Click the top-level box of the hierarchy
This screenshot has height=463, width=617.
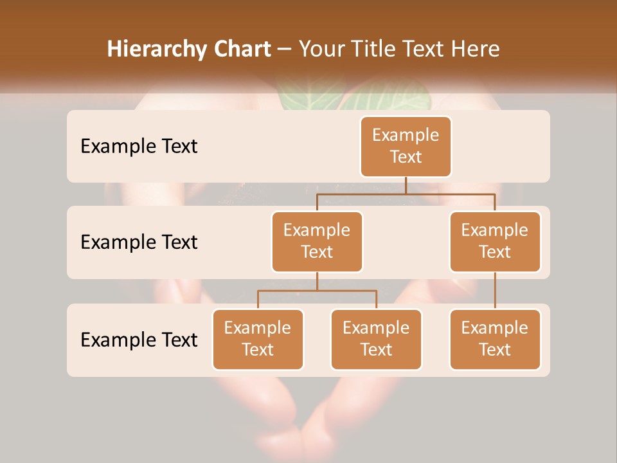coord(406,146)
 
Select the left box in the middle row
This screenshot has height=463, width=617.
coord(317,241)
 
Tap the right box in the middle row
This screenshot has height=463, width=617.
coord(495,241)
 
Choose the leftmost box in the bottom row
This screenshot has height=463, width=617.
coord(258,339)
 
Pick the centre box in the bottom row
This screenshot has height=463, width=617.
coord(376,339)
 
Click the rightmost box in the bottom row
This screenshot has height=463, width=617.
coord(495,339)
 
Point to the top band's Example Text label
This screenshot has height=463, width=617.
coord(139,147)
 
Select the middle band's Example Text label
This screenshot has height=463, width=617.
coord(139,242)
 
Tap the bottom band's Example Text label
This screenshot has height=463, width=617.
coord(139,340)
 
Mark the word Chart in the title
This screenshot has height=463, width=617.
coord(242,49)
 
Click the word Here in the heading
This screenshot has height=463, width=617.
coord(472,49)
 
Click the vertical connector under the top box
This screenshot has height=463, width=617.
coord(406,185)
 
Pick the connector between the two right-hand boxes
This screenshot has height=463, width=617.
coord(495,291)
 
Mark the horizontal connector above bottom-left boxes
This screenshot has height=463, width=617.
coord(317,291)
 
